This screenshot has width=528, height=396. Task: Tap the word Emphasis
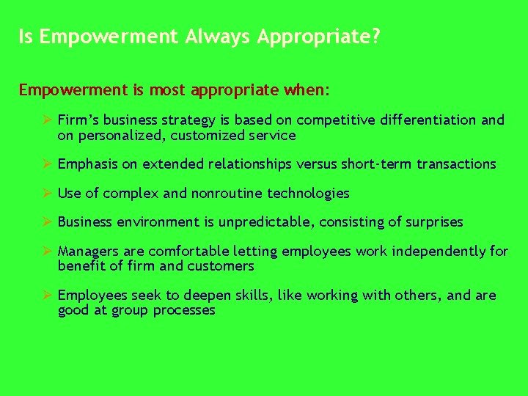point(87,164)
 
